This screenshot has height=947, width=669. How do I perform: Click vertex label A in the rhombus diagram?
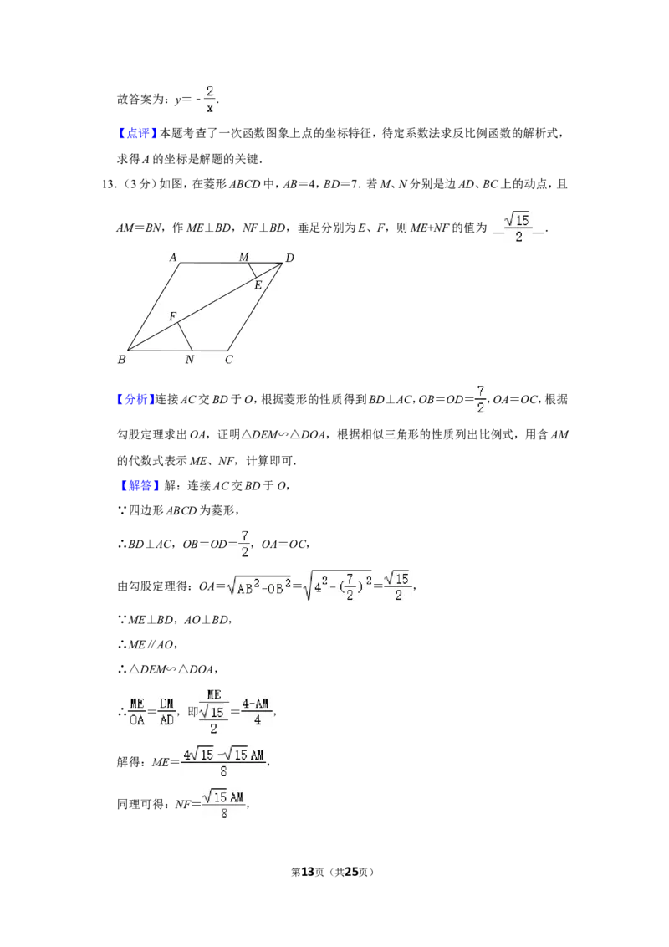tap(173, 258)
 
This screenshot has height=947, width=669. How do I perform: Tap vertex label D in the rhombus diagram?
tap(290, 259)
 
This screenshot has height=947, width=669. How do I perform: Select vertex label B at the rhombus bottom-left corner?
tap(122, 360)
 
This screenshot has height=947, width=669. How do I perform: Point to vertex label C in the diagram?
tap(229, 360)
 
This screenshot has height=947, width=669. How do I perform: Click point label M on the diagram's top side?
tap(244, 258)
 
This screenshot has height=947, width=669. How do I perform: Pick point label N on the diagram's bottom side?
tap(190, 360)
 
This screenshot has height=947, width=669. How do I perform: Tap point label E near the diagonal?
tap(258, 285)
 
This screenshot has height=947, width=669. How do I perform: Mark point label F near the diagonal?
tap(172, 316)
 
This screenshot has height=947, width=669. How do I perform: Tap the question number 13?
tap(109, 184)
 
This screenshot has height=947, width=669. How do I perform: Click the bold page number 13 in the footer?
tap(308, 872)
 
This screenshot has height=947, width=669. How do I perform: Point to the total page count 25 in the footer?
tap(352, 872)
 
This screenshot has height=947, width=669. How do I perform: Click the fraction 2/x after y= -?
tap(210, 99)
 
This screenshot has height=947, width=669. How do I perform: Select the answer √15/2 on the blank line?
tap(518, 227)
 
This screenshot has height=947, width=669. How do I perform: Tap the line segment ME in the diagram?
tap(253, 270)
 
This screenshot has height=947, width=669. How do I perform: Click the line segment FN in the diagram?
tap(185, 336)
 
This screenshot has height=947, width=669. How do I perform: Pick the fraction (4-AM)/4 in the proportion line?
tap(255, 711)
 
